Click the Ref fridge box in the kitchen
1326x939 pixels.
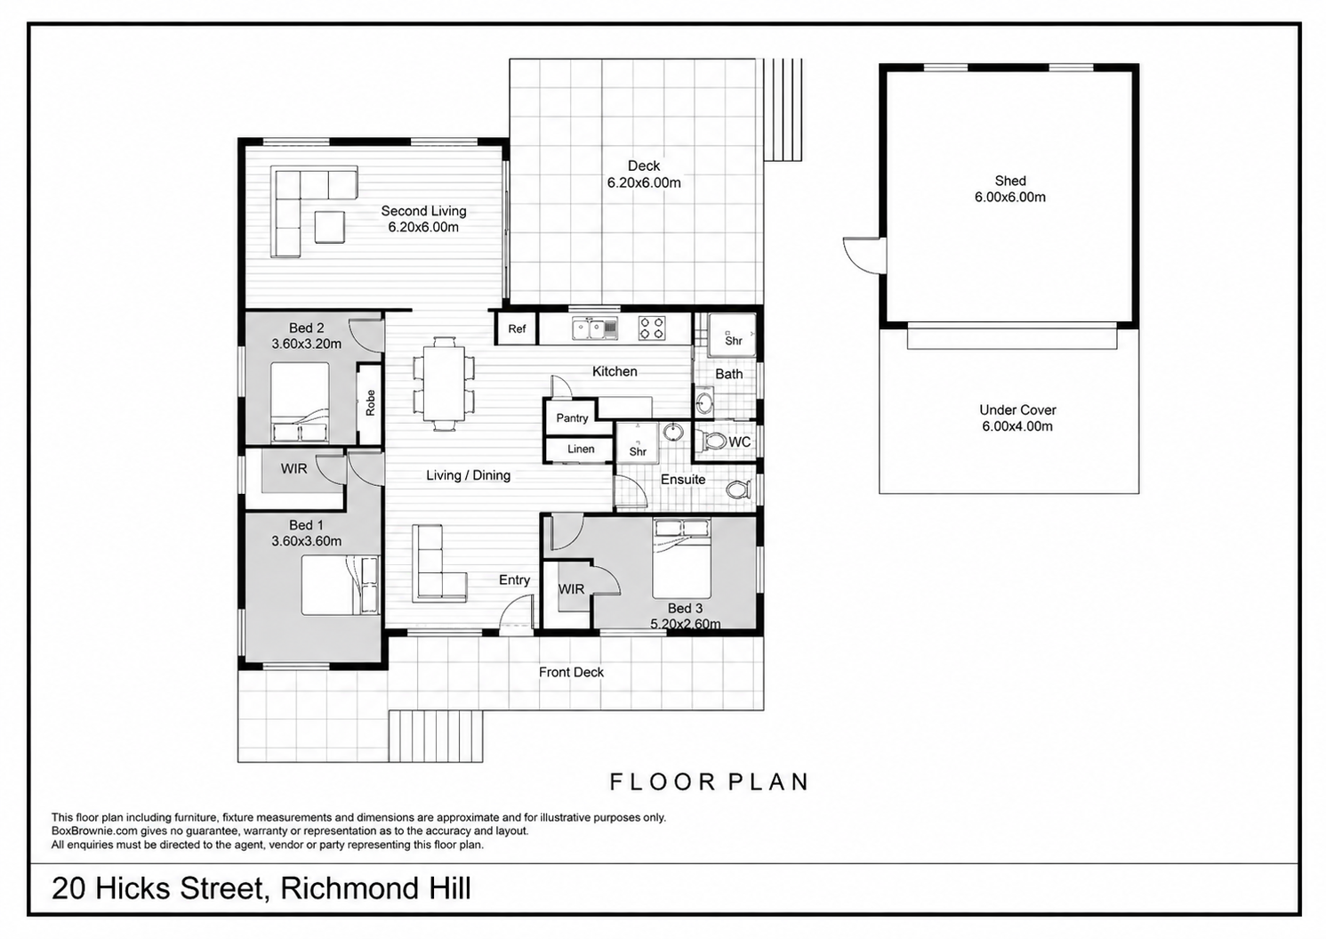pos(516,328)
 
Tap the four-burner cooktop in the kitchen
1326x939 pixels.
pos(651,328)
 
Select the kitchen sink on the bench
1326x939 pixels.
pos(595,328)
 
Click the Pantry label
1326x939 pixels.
pos(572,417)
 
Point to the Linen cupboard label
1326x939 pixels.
pos(580,449)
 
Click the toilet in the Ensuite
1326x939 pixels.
pos(739,490)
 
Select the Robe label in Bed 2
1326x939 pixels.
pos(371,403)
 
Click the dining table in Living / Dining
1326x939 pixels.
pos(444,384)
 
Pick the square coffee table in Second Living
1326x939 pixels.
pos(330,228)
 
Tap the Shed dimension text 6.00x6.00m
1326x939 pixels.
pos(1010,198)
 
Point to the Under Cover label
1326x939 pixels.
pos(1017,410)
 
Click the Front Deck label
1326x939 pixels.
pos(571,672)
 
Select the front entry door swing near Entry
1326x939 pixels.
pos(516,616)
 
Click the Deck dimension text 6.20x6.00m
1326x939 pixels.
pos(644,182)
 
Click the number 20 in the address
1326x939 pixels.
pos(69,888)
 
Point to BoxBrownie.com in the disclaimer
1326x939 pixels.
pos(93,831)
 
